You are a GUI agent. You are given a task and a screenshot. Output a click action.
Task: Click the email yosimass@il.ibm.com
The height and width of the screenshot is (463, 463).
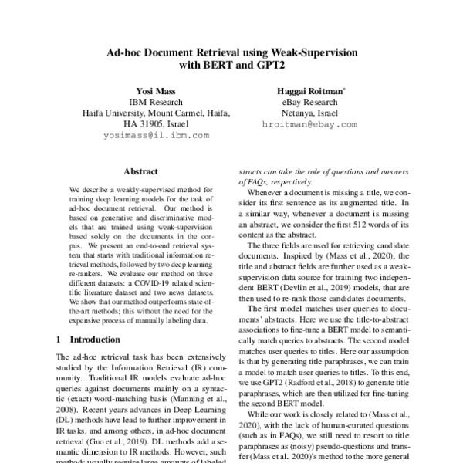coord(156,135)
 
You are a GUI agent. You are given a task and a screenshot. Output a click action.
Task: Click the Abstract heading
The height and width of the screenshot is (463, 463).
coord(141,174)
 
